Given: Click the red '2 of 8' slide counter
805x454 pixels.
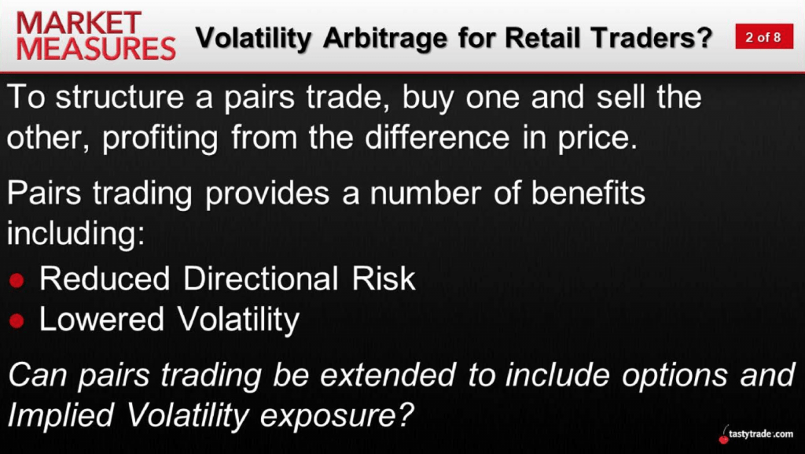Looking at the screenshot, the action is click(x=764, y=37).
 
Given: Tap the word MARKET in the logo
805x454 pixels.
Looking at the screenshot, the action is click(x=79, y=23).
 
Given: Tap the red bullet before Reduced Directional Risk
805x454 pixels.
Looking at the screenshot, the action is click(x=17, y=280).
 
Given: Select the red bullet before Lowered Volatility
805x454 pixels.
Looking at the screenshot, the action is click(x=17, y=321).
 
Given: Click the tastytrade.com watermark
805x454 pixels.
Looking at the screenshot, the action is click(x=757, y=434).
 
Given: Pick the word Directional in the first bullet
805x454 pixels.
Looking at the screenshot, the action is click(x=261, y=279).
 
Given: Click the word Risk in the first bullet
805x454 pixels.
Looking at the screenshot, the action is click(x=384, y=279).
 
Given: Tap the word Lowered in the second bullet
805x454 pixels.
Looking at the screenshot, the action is click(x=101, y=319).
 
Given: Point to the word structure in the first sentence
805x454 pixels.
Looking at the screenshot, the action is click(x=119, y=97).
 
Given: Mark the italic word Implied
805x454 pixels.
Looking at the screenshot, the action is click(x=61, y=417).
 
